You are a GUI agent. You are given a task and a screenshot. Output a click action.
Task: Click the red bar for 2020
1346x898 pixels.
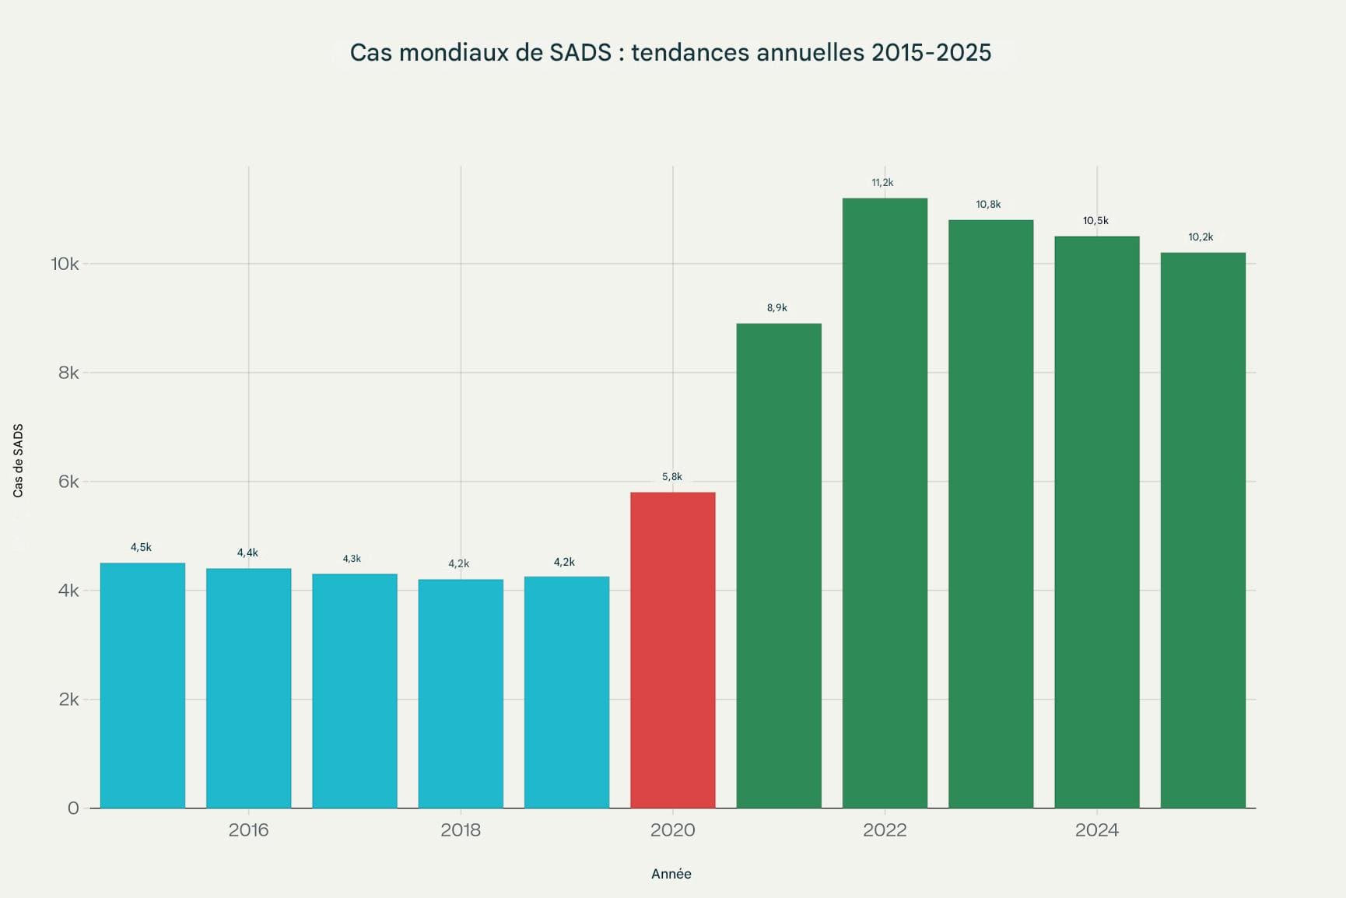(x=672, y=650)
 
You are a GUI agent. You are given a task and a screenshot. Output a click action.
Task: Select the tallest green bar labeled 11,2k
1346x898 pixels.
(x=885, y=503)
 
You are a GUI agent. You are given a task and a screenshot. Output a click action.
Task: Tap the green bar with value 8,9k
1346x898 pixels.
(x=779, y=566)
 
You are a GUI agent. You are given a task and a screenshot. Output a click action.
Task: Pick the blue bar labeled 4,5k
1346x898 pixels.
(x=142, y=685)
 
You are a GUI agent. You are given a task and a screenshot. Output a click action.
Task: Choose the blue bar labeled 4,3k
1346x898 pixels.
(x=355, y=690)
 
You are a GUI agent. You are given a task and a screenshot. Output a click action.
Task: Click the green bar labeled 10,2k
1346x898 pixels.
(x=1203, y=530)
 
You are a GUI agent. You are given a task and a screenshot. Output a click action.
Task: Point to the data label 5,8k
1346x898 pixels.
(x=672, y=477)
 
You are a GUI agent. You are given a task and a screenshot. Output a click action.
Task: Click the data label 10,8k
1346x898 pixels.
(x=988, y=205)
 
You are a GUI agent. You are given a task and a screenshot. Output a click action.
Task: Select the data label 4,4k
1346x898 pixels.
(x=247, y=553)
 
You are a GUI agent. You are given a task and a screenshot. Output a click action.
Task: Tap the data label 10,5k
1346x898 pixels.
(x=1095, y=221)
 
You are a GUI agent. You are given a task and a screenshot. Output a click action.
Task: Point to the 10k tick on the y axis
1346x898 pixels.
(x=65, y=264)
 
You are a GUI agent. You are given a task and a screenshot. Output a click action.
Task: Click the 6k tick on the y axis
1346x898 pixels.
(x=68, y=482)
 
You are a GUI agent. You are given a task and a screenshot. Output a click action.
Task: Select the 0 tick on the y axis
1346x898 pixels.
(x=73, y=809)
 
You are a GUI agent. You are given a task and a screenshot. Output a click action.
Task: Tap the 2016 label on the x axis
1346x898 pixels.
(x=248, y=830)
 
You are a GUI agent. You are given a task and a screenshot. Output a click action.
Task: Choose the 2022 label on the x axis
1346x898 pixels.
(x=885, y=830)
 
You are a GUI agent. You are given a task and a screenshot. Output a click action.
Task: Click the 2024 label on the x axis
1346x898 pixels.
(x=1096, y=830)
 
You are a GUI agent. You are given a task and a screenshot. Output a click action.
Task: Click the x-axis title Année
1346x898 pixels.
(x=671, y=874)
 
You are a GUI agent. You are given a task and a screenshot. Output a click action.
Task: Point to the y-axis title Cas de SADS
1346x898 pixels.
(x=19, y=461)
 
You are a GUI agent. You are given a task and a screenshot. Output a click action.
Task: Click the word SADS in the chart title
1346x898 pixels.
(x=580, y=53)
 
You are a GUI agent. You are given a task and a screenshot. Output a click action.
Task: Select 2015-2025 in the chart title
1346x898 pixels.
(x=931, y=53)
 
